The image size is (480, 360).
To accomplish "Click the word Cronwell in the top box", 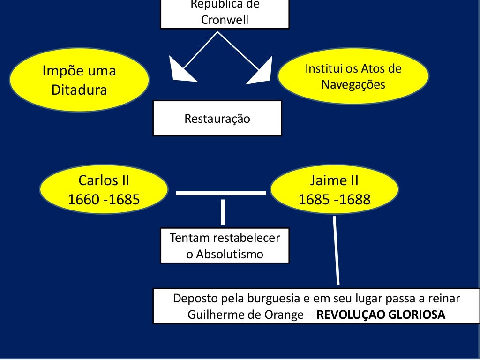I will pyautogui.click(x=225, y=20).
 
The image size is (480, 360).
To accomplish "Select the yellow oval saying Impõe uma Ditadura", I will pyautogui.click(x=79, y=80).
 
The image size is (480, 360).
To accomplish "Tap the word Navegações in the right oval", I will pyautogui.click(x=353, y=85).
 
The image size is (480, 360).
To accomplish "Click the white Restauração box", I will pyautogui.click(x=217, y=119).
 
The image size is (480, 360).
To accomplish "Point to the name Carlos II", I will pyautogui.click(x=104, y=180).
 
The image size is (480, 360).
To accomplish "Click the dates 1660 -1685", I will pyautogui.click(x=104, y=200).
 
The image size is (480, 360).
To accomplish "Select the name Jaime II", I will pyautogui.click(x=334, y=180).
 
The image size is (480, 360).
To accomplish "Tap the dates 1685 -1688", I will pyautogui.click(x=334, y=200).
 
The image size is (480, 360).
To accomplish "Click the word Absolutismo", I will pyautogui.click(x=225, y=255).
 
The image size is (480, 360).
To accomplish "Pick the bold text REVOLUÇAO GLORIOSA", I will pyautogui.click(x=381, y=315).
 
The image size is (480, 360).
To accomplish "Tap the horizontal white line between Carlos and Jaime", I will pyautogui.click(x=220, y=193).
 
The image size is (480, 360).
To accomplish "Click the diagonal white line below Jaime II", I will pyautogui.click(x=336, y=251).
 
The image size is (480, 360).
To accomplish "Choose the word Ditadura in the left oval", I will pyautogui.click(x=79, y=90).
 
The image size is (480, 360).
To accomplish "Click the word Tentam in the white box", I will pyautogui.click(x=190, y=238).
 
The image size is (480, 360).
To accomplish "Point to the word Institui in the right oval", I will pyautogui.click(x=324, y=69).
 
